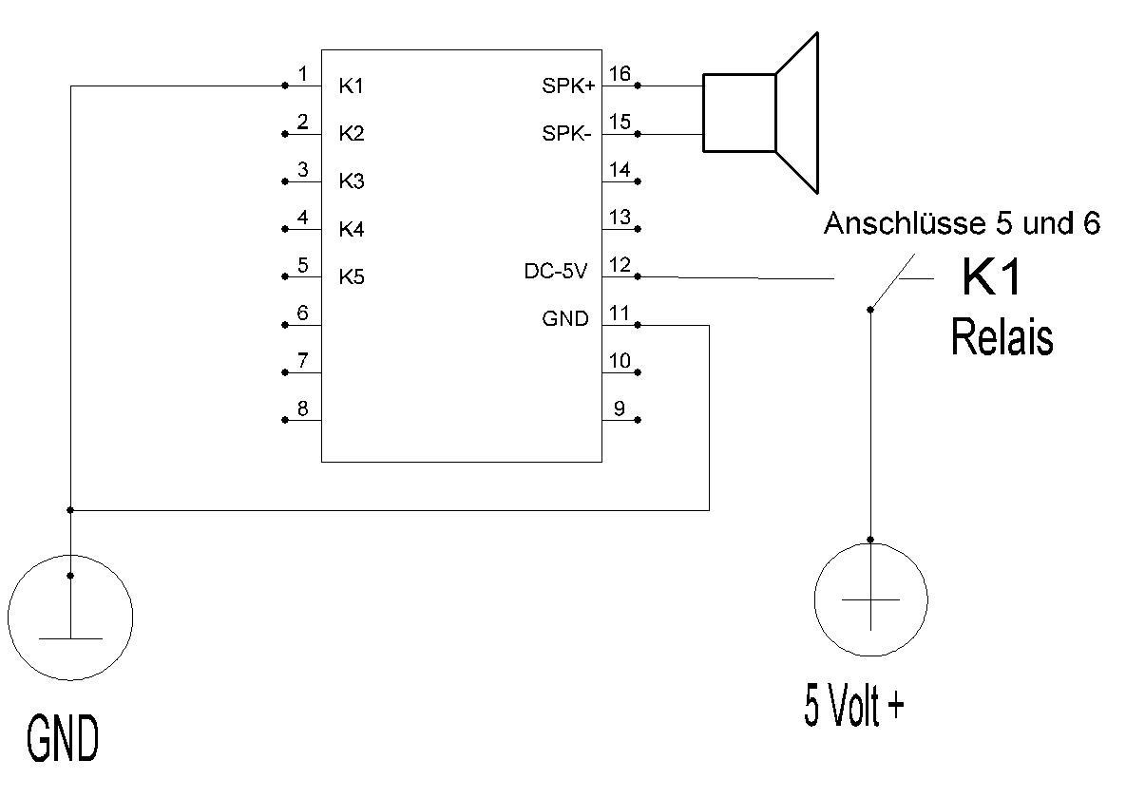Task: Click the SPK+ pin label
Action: point(568,86)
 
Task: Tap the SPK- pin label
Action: point(566,134)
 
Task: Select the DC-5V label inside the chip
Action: point(556,272)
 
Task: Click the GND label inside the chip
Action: point(565,318)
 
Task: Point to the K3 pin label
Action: point(352,181)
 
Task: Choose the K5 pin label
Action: point(352,277)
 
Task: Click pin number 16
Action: point(620,73)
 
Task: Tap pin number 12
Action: point(620,265)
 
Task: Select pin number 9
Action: point(619,408)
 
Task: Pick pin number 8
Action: point(303,408)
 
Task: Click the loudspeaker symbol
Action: point(760,113)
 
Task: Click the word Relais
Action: point(1002,337)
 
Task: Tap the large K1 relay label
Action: point(991,277)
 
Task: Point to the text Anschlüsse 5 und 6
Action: point(962,223)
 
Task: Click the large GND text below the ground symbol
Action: point(63,738)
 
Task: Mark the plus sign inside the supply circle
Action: point(870,599)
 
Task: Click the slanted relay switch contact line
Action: point(892,281)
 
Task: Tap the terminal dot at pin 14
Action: point(638,181)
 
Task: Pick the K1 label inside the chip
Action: point(352,86)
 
